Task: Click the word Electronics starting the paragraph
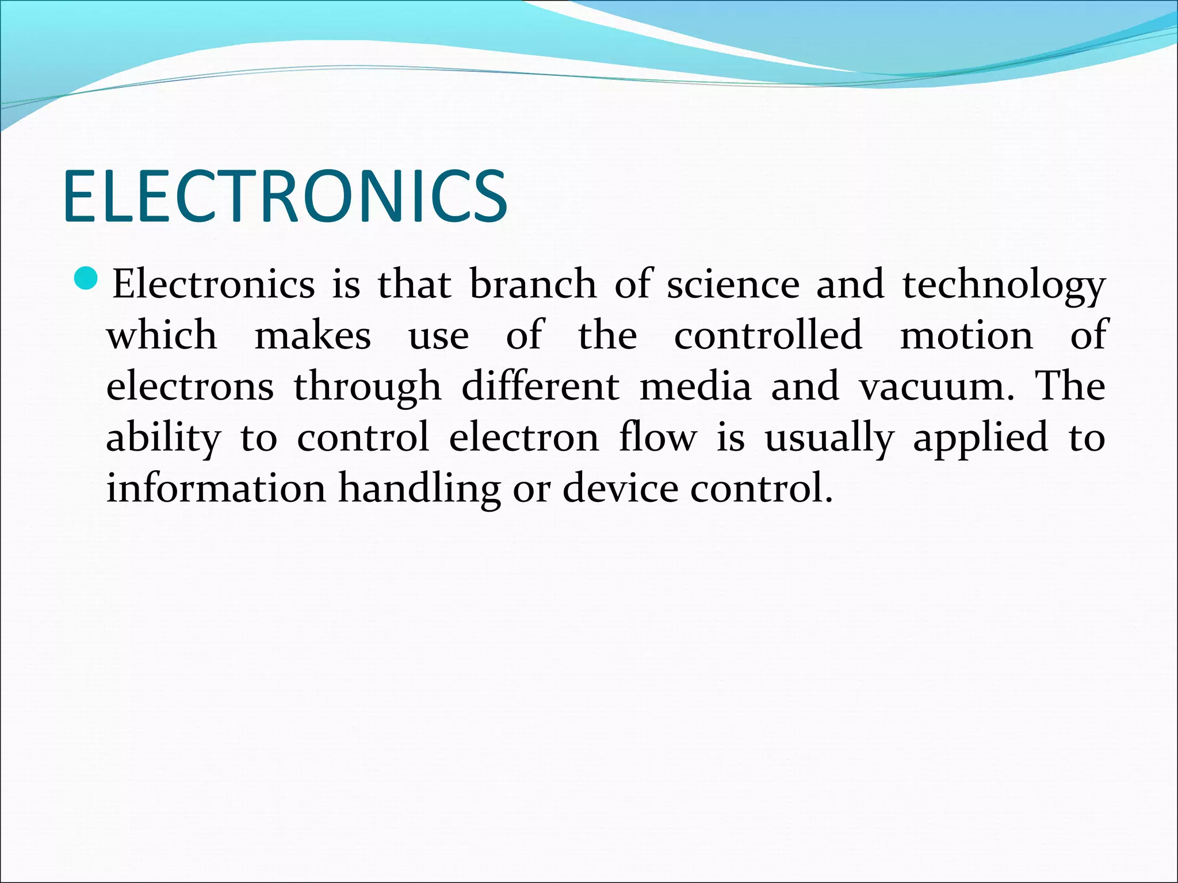(213, 285)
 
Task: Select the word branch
(533, 285)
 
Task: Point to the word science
(733, 285)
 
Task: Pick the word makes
(312, 336)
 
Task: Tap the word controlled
(768, 336)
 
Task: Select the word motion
(966, 336)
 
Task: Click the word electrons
(190, 387)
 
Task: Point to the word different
(540, 387)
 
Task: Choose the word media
(695, 387)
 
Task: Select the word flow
(657, 437)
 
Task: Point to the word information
(216, 489)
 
